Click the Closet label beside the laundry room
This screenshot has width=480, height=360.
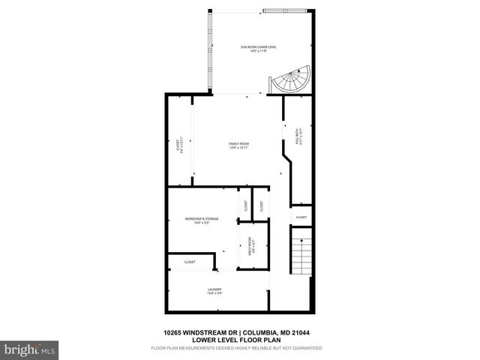190,262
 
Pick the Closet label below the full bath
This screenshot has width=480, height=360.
301,217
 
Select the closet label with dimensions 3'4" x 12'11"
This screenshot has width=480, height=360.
179,145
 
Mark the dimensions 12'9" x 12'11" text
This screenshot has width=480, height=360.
239,148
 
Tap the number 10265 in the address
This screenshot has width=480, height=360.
175,333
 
